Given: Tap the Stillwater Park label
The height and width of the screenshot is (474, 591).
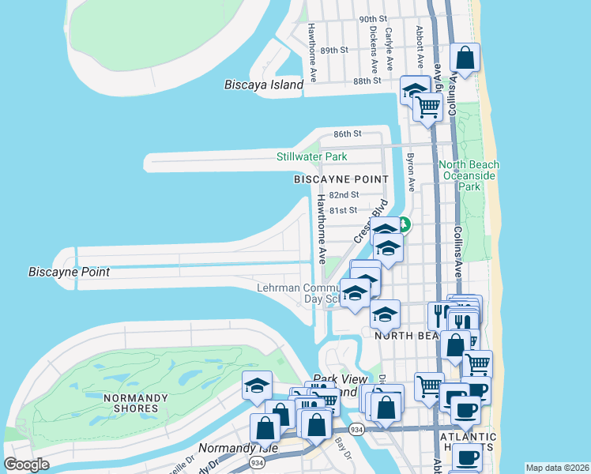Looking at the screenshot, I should coord(311,156).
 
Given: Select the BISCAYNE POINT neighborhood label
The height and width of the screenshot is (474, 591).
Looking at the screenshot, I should coord(341,179).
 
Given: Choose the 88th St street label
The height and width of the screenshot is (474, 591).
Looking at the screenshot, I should coord(367,81).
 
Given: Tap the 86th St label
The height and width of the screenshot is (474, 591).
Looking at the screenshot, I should coord(347,134).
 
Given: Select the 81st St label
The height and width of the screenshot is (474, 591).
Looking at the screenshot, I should coord(344,210).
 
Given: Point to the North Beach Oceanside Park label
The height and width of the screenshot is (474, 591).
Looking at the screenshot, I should coord(470,176).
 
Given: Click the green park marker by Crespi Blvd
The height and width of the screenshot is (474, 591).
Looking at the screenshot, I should coord(403,224).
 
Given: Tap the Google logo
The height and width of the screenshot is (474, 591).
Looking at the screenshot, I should coord(26,465).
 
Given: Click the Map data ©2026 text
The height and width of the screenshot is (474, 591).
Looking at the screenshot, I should coord(557,468).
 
